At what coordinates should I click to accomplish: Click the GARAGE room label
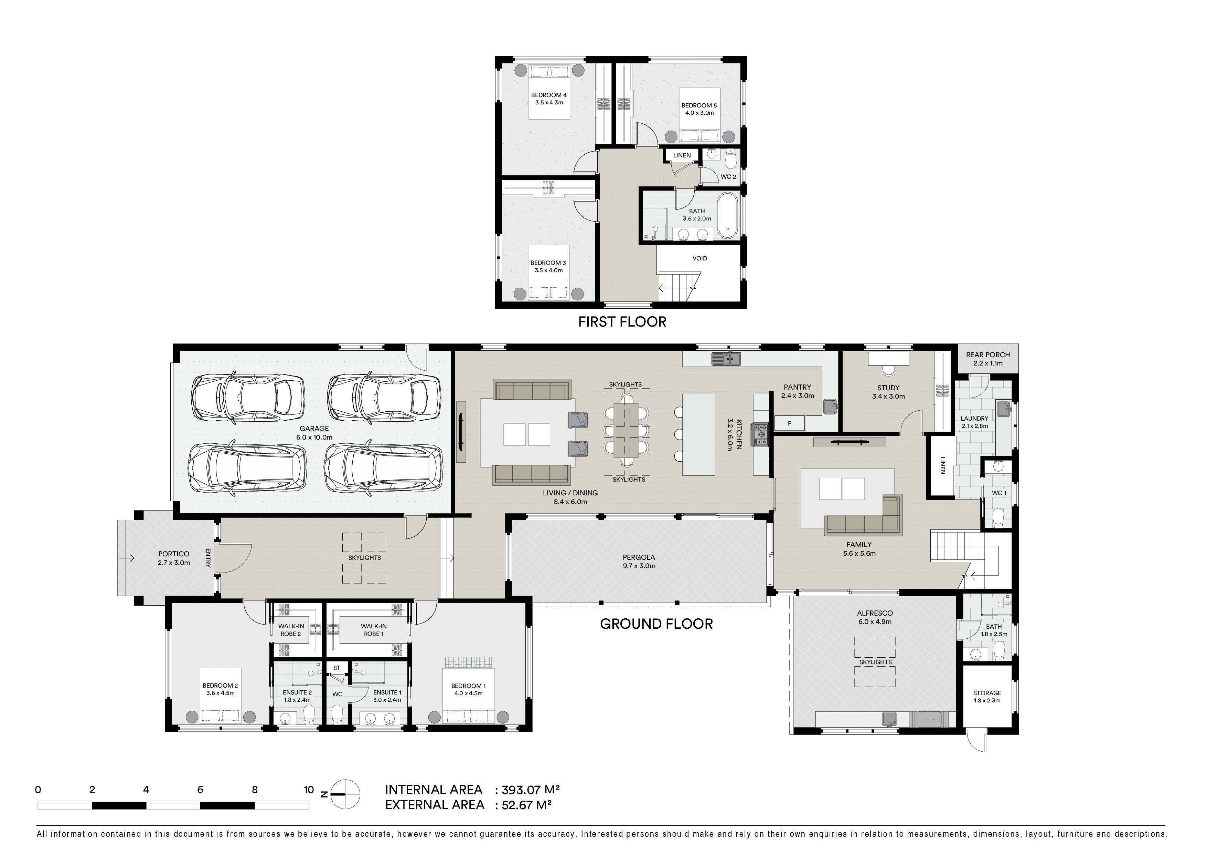tap(314, 428)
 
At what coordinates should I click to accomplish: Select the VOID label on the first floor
tap(700, 258)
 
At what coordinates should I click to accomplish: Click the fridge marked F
tap(789, 423)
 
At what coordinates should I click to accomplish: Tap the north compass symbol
tap(344, 794)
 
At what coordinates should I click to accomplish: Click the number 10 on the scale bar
tap(309, 789)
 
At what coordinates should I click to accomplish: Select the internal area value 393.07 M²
tap(531, 789)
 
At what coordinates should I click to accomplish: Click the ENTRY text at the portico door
tap(208, 558)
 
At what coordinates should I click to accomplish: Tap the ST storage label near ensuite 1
tap(337, 668)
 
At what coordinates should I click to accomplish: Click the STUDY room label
tap(888, 387)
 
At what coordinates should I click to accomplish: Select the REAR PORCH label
tap(988, 354)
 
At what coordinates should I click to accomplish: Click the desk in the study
tap(888, 358)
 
